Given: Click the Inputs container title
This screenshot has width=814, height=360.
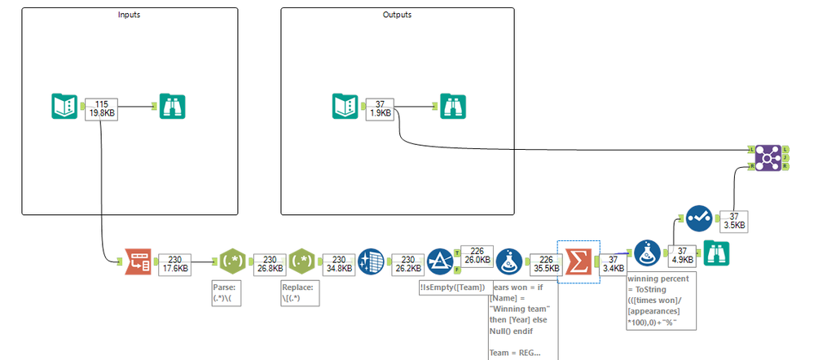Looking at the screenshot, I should [x=129, y=15].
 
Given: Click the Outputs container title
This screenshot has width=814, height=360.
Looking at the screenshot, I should [x=397, y=15].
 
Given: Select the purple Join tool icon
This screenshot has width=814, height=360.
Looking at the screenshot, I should [x=767, y=157].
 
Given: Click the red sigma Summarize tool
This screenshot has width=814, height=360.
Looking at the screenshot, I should [x=578, y=260].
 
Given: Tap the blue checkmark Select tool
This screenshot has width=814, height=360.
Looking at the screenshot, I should [x=698, y=218].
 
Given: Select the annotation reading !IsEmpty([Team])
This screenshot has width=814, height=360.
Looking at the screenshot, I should [x=453, y=287].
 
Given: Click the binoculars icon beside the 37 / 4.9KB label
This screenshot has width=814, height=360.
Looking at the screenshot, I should [x=715, y=253].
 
